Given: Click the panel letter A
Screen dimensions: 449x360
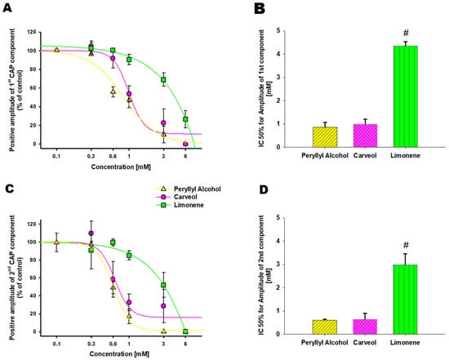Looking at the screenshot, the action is click(7, 7).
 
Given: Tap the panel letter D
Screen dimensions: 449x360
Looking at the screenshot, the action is click(264, 190).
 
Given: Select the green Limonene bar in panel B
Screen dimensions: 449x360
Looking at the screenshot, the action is click(406, 96).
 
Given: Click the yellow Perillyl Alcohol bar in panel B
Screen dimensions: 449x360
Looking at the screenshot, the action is click(325, 137).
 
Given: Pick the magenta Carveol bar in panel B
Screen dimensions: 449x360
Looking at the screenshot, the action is click(365, 136).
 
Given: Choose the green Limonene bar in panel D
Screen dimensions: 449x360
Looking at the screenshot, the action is click(405, 300).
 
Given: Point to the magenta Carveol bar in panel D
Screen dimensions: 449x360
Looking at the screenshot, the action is click(365, 327).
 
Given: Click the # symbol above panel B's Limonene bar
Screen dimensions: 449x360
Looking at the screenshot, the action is click(406, 33).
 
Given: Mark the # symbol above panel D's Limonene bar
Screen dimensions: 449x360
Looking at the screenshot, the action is click(406, 245).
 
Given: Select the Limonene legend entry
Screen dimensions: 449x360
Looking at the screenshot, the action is click(180, 205).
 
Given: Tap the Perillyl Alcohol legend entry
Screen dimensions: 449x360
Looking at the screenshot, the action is click(189, 189).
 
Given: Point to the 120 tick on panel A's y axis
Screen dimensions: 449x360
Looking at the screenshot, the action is click(32, 32).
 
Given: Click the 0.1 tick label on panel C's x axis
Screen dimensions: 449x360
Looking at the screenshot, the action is click(56, 344).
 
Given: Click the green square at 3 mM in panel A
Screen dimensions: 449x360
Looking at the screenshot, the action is click(163, 80).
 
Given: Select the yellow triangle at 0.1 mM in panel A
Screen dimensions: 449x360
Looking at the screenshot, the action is click(56, 50).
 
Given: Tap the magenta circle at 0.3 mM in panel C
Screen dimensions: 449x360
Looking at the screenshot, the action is click(91, 233).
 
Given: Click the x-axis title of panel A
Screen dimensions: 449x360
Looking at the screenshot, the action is click(121, 167).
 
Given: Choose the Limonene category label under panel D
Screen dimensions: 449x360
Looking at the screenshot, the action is click(405, 343).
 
